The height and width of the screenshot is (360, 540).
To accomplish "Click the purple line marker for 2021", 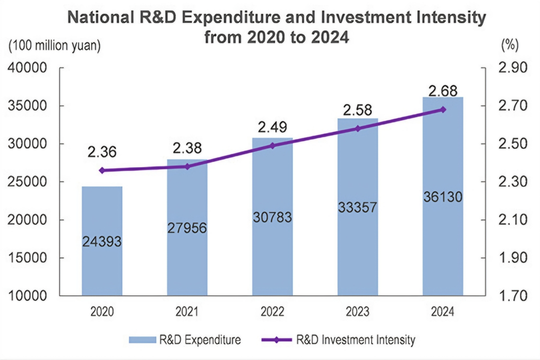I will point(187,166).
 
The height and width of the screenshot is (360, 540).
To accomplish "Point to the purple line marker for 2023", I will point(357,128).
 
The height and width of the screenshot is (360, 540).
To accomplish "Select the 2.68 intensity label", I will point(442,91).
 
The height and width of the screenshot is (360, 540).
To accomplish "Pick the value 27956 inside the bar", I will point(187,228).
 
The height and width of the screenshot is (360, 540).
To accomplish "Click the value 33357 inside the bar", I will point(357,207).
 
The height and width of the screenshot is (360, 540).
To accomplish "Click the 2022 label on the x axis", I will point(272,312).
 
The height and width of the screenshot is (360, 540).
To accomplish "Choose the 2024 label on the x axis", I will point(442,312).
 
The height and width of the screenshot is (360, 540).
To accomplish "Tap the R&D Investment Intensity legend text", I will point(355,340).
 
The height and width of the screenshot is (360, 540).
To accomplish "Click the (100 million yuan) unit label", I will point(54,45).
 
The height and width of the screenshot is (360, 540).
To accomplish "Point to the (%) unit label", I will point(509,45).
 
